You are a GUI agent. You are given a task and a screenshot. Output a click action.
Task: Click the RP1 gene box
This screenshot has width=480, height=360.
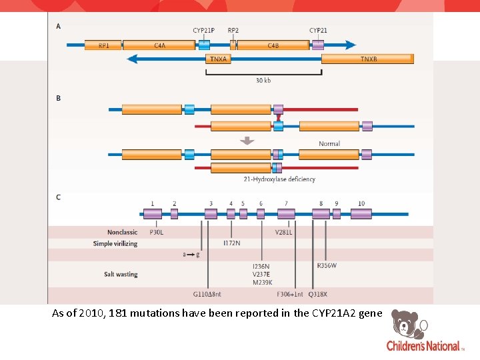103,45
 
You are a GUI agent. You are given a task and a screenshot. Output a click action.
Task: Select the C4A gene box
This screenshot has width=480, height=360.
159,45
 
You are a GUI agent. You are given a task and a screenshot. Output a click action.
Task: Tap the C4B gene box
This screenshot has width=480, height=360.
273,45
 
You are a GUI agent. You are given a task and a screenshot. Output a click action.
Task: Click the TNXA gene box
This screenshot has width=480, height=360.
219,59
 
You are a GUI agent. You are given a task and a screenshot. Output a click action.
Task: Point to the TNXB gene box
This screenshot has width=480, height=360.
368,59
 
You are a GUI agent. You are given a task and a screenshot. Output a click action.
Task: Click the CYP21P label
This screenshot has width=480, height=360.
204,31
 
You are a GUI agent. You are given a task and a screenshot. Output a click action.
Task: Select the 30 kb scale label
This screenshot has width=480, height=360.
263,81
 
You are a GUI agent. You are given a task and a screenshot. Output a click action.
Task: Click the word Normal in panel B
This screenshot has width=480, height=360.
329,143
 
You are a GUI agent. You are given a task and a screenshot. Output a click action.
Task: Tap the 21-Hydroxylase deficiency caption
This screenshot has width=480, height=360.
279,179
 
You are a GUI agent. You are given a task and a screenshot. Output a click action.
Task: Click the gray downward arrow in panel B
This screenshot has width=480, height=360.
247,141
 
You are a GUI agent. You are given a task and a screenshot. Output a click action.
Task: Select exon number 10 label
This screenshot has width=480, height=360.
361,203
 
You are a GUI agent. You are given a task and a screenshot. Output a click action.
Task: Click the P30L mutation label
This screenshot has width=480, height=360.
157,232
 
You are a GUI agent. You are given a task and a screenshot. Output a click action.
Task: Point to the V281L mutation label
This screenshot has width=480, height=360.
284,232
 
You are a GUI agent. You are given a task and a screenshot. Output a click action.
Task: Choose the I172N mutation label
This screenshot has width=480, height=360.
232,243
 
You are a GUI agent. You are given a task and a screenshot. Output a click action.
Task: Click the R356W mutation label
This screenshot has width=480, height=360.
327,265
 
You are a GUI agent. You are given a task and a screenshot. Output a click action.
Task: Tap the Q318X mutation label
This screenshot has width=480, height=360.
318,293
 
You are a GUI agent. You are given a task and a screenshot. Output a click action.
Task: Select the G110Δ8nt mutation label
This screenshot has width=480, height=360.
207,293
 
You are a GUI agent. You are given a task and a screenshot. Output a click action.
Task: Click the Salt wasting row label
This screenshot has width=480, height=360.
121,274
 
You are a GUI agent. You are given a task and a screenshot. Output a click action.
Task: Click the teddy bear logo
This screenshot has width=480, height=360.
407,323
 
